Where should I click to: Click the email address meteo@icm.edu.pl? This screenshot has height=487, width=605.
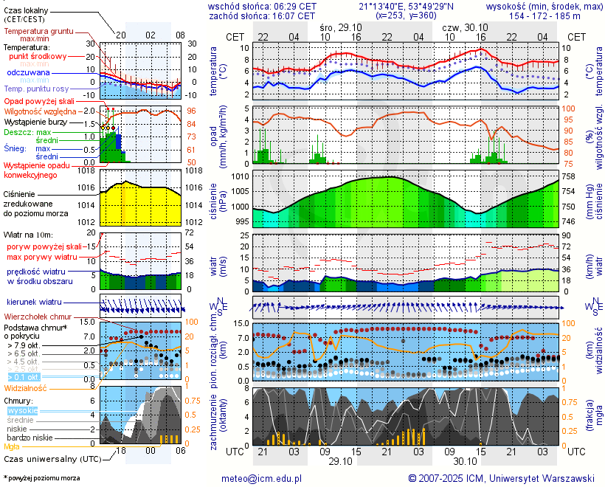[262, 478]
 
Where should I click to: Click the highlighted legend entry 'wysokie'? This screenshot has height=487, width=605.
[22, 410]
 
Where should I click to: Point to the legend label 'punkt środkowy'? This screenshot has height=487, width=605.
[38, 56]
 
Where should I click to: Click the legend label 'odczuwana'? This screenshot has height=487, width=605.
[28, 72]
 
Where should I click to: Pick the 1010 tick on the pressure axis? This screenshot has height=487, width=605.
[240, 177]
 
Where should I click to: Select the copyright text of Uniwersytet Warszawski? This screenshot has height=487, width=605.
[501, 478]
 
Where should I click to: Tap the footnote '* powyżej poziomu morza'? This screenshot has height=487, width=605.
[41, 478]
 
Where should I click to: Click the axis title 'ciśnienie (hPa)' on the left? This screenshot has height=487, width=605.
[218, 201]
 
